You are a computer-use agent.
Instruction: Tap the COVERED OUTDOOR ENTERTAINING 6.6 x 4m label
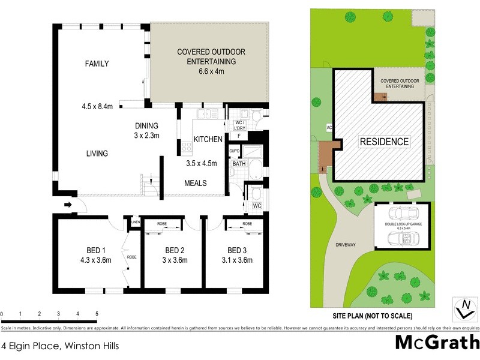(211, 61)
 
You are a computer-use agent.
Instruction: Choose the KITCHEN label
(208, 140)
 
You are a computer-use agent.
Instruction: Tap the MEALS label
(196, 183)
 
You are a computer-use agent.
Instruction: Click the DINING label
(146, 125)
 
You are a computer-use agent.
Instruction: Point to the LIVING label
(96, 154)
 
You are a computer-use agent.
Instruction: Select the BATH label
(239, 163)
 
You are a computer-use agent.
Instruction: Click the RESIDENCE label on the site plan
(385, 142)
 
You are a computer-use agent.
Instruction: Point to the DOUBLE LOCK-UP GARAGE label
(401, 225)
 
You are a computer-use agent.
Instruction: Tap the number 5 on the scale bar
(97, 314)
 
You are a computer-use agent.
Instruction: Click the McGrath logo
(437, 343)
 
